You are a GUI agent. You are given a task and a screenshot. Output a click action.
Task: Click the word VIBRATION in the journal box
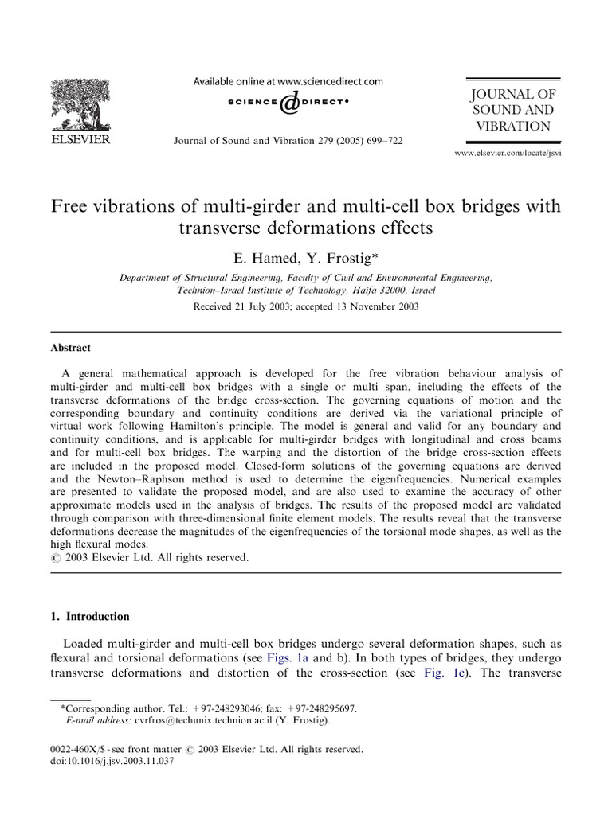(x=512, y=126)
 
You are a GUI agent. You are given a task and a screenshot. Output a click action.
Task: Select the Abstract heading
(x=71, y=348)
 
